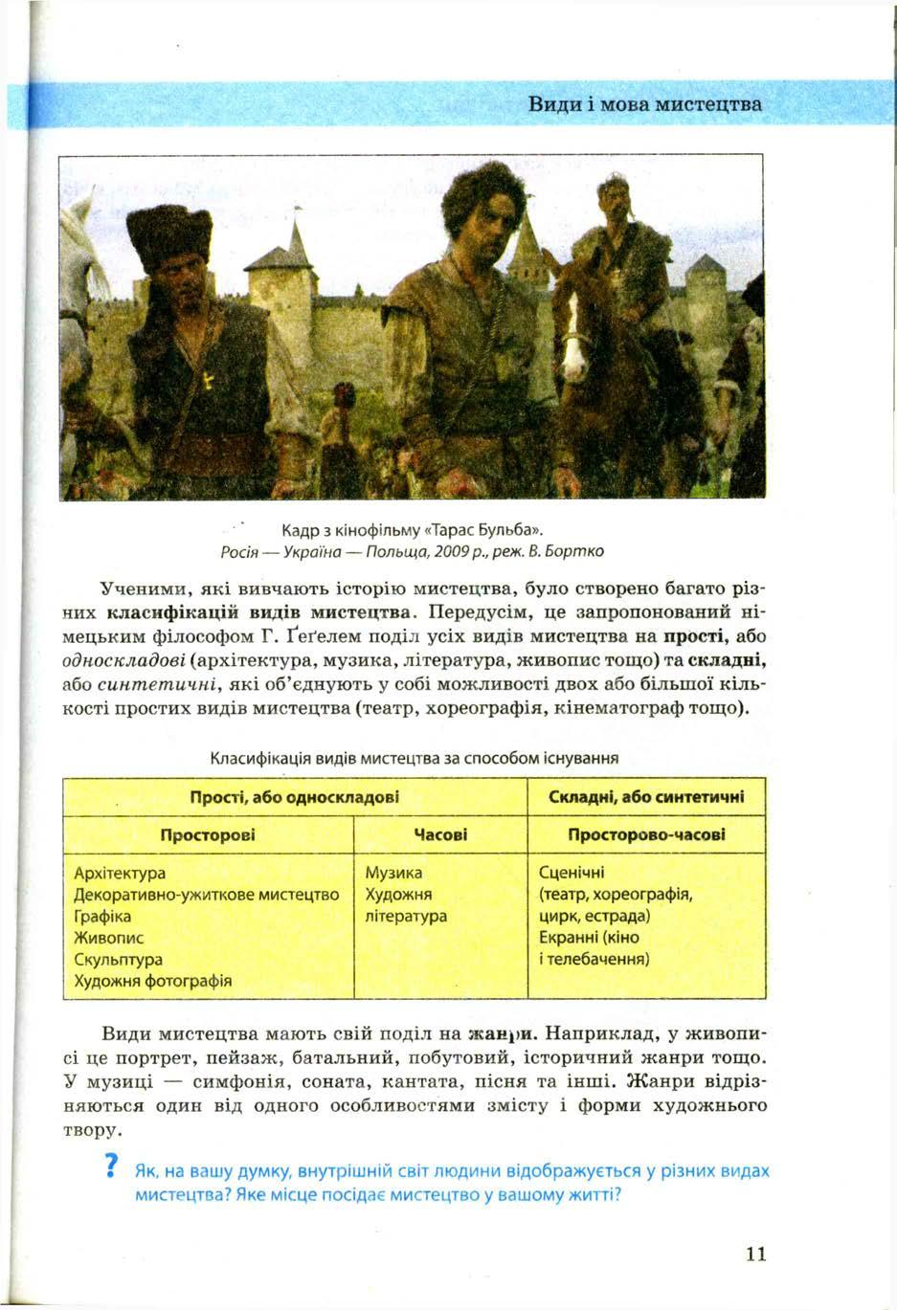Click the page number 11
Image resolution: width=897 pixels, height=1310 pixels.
pyautogui.click(x=754, y=1254)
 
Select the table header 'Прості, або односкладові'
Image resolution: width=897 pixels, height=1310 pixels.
pyautogui.click(x=294, y=797)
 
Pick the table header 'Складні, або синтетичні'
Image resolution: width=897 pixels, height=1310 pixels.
pyautogui.click(x=646, y=797)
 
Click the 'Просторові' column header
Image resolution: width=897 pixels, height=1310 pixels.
pyautogui.click(x=208, y=835)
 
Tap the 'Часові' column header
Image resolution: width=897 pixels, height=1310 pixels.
pyautogui.click(x=439, y=835)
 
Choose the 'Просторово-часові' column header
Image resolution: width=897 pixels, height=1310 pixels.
pyautogui.click(x=646, y=835)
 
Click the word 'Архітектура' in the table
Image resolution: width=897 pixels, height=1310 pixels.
pyautogui.click(x=120, y=873)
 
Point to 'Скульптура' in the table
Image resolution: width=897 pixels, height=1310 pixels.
pyautogui.click(x=118, y=959)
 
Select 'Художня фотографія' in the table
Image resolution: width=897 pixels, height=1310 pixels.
pyautogui.click(x=152, y=981)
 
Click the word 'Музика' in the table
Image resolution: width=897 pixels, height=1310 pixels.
pyautogui.click(x=393, y=873)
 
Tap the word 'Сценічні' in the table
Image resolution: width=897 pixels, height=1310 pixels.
pyautogui.click(x=572, y=873)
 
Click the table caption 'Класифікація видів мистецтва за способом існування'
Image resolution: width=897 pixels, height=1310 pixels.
pyautogui.click(x=414, y=758)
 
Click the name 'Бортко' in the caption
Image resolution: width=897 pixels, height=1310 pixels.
pyautogui.click(x=576, y=551)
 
